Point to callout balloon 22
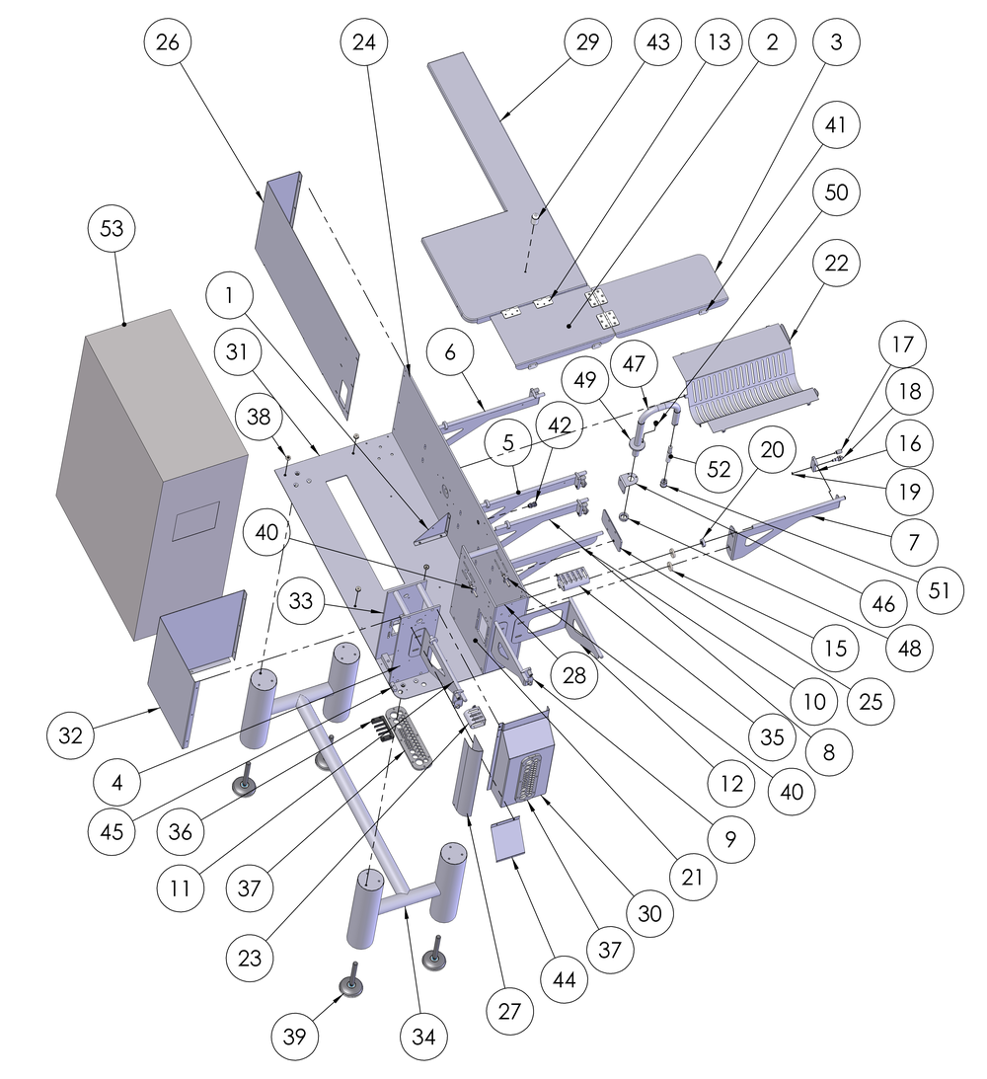pyautogui.click(x=837, y=264)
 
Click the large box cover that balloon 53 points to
pyautogui.click(x=148, y=474)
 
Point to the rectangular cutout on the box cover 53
pyautogui.click(x=195, y=520)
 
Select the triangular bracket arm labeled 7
pyautogui.click(x=790, y=518)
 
